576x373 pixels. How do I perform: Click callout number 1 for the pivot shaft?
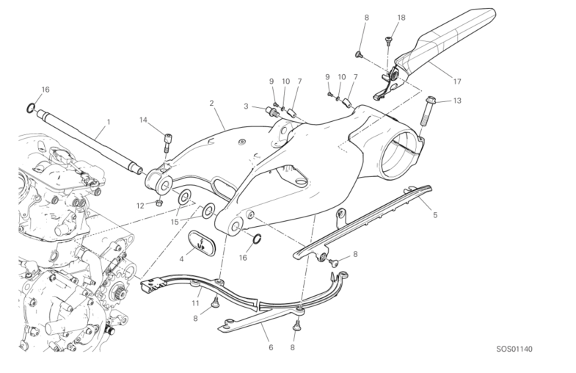click(x=108, y=122)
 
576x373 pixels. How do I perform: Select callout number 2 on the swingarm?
click(x=211, y=104)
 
